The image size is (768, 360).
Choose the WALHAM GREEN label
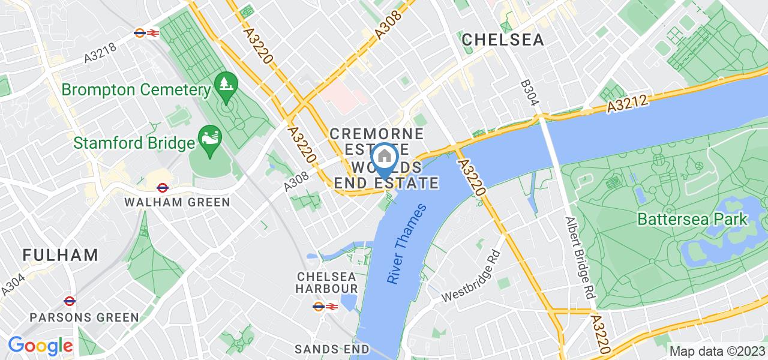click(x=177, y=202)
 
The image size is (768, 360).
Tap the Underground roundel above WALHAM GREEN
click(x=163, y=187)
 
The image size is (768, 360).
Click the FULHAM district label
click(x=61, y=254)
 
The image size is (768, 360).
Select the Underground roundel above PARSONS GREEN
click(x=69, y=301)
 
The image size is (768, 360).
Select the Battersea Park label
click(x=692, y=219)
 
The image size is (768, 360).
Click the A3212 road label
click(x=627, y=104)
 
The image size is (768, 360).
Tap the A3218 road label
click(x=100, y=52)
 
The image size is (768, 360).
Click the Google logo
click(x=40, y=346)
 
